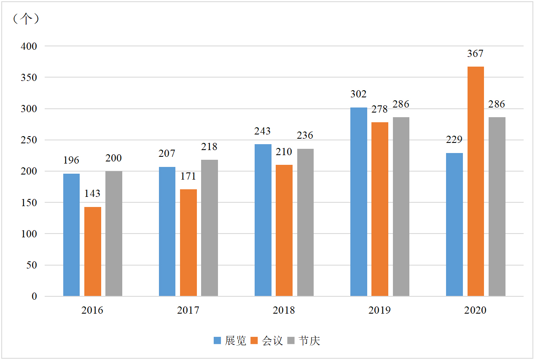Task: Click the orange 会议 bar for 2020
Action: click(476, 181)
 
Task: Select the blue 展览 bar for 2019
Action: click(358, 202)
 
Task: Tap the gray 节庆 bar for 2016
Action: click(114, 234)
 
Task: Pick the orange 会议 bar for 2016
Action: click(92, 252)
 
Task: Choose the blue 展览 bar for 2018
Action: click(263, 220)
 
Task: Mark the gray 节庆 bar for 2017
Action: click(210, 228)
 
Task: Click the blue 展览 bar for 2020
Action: click(454, 225)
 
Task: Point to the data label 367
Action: click(476, 54)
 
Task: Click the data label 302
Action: click(358, 94)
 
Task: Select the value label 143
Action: click(92, 193)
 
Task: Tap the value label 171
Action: click(188, 176)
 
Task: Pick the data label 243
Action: click(262, 131)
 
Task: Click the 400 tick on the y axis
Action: click(29, 46)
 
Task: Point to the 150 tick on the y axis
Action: click(29, 203)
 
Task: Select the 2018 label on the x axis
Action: click(284, 311)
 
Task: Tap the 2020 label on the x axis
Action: click(475, 311)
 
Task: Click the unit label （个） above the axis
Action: click(26, 19)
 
